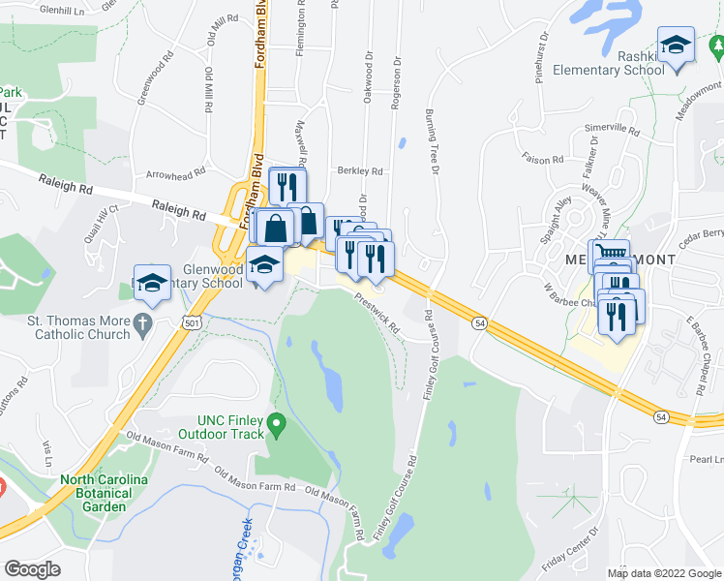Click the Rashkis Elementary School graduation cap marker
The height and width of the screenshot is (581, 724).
pyautogui.click(x=676, y=46)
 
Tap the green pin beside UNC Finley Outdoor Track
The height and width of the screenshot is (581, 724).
pyautogui.click(x=277, y=424)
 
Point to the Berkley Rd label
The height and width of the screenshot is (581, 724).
pyautogui.click(x=360, y=171)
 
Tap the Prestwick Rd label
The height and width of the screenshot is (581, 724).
pyautogui.click(x=377, y=314)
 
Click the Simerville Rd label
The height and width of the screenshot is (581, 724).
pyautogui.click(x=612, y=130)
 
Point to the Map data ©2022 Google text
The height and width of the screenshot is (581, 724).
pyautogui.click(x=664, y=573)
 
